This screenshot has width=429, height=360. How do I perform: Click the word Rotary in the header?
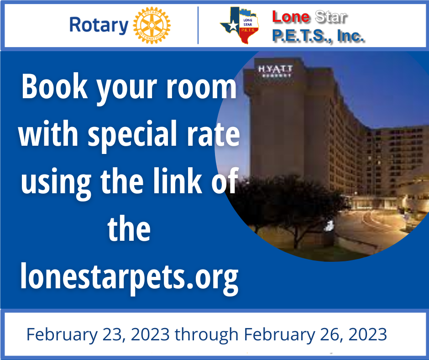tap(99, 25)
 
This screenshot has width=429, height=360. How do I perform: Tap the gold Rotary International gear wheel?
tap(152, 25)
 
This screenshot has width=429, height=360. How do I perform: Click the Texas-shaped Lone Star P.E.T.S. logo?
tap(240, 25)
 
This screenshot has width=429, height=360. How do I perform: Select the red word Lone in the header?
tap(291, 17)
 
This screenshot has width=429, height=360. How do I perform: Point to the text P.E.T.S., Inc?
tap(319, 36)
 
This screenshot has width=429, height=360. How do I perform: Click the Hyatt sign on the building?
tap(275, 71)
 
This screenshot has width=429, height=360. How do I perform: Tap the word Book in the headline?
tap(55, 86)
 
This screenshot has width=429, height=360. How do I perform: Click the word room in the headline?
tap(201, 87)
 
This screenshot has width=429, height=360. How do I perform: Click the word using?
tap(56, 182)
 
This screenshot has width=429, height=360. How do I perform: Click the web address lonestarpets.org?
tap(130, 277)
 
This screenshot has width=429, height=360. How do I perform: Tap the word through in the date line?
tap(207, 335)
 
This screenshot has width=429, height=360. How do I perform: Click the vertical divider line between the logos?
tap(198, 25)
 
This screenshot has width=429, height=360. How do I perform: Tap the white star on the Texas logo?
tap(233, 25)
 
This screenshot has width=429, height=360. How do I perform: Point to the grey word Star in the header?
tap(331, 17)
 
